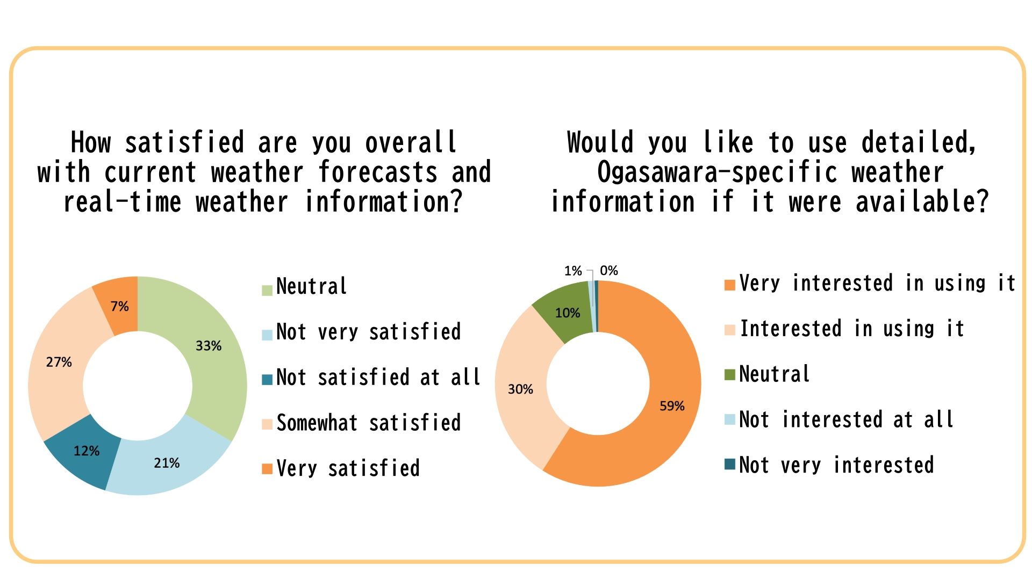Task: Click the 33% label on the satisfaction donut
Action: click(209, 346)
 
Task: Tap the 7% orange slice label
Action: click(119, 306)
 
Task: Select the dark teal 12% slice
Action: click(86, 451)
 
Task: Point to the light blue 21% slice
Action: click(167, 463)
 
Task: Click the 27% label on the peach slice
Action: click(59, 362)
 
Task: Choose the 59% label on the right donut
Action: click(672, 406)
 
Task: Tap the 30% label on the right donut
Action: click(520, 389)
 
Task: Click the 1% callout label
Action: click(573, 271)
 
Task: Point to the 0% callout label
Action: click(609, 271)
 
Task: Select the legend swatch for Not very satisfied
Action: click(267, 335)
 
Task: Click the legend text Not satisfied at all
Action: click(378, 378)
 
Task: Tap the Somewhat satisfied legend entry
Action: click(368, 423)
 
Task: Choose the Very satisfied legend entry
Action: click(348, 468)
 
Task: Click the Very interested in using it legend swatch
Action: click(729, 285)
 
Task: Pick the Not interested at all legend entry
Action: click(846, 419)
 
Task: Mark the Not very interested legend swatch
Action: click(729, 465)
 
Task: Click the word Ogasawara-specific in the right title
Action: click(717, 172)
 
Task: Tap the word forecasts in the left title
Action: click(378, 172)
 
